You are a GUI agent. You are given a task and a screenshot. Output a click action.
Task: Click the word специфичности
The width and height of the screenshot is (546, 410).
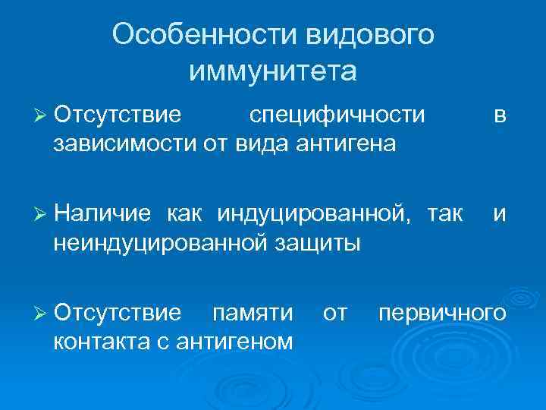[337, 115]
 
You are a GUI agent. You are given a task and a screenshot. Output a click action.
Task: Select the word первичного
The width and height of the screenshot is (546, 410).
[442, 313]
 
